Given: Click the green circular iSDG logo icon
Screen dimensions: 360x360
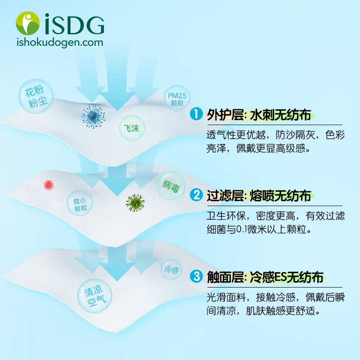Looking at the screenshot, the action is coord(28,23).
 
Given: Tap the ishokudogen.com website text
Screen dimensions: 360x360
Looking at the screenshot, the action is coord(60,43).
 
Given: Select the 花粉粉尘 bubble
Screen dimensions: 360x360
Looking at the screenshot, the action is coord(36,96).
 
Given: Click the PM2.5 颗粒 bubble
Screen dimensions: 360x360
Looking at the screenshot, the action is coord(177,99).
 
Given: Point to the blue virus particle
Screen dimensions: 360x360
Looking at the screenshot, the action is coord(94,117).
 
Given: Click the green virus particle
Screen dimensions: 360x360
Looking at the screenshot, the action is coord(135,203).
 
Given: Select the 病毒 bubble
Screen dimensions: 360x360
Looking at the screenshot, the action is coord(171,185).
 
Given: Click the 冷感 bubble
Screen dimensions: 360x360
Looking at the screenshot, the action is coord(171,270).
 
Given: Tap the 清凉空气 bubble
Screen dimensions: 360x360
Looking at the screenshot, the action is coord(94,296).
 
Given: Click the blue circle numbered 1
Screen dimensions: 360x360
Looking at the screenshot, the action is coord(196,114).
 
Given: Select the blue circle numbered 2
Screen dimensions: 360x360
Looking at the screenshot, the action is coord(196,195).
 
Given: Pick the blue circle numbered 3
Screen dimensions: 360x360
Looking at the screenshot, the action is coord(196,276).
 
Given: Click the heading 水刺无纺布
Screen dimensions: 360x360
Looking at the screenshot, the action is coord(280,115).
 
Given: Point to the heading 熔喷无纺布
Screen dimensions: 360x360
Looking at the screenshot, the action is coord(280,196).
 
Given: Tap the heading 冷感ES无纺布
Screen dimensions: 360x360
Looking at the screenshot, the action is coord(286,277).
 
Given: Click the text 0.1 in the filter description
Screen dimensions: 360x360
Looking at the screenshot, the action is coord(241,229).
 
